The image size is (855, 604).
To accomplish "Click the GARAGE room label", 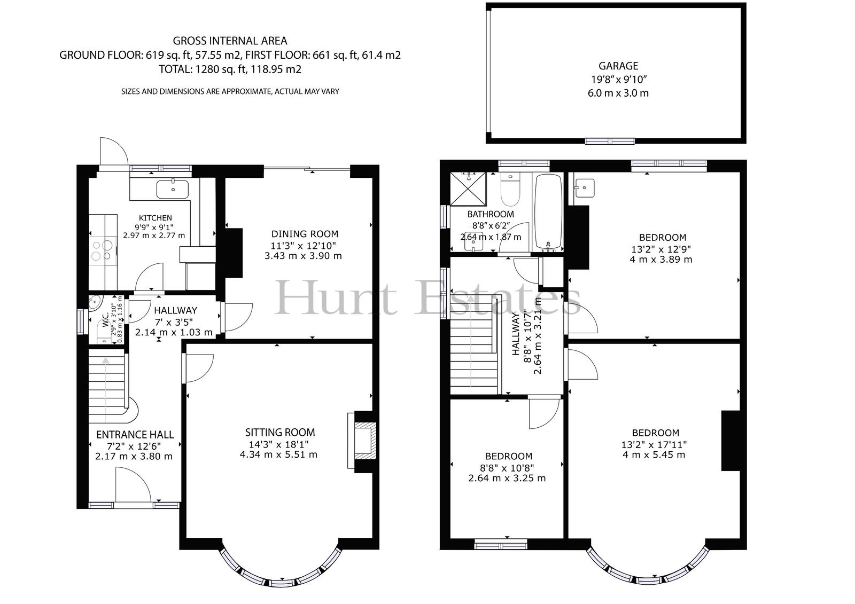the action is (x=618, y=66).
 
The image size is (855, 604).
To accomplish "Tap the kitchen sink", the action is (x=173, y=189).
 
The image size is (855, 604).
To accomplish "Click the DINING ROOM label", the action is (x=305, y=234).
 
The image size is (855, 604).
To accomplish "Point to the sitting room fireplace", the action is (x=362, y=440).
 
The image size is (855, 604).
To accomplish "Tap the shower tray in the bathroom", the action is (x=468, y=189).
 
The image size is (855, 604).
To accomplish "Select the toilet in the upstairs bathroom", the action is (x=510, y=189).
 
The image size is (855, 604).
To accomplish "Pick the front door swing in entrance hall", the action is (x=134, y=485).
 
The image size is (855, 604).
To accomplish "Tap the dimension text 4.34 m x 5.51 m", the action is (x=278, y=454).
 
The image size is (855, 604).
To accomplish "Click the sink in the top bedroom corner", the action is (x=585, y=188).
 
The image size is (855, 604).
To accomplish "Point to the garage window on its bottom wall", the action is (x=610, y=141).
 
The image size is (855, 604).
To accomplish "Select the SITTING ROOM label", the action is (x=280, y=432).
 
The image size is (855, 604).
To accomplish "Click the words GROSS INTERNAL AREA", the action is (x=230, y=41).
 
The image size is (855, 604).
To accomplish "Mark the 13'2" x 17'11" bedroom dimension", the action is (x=654, y=444).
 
